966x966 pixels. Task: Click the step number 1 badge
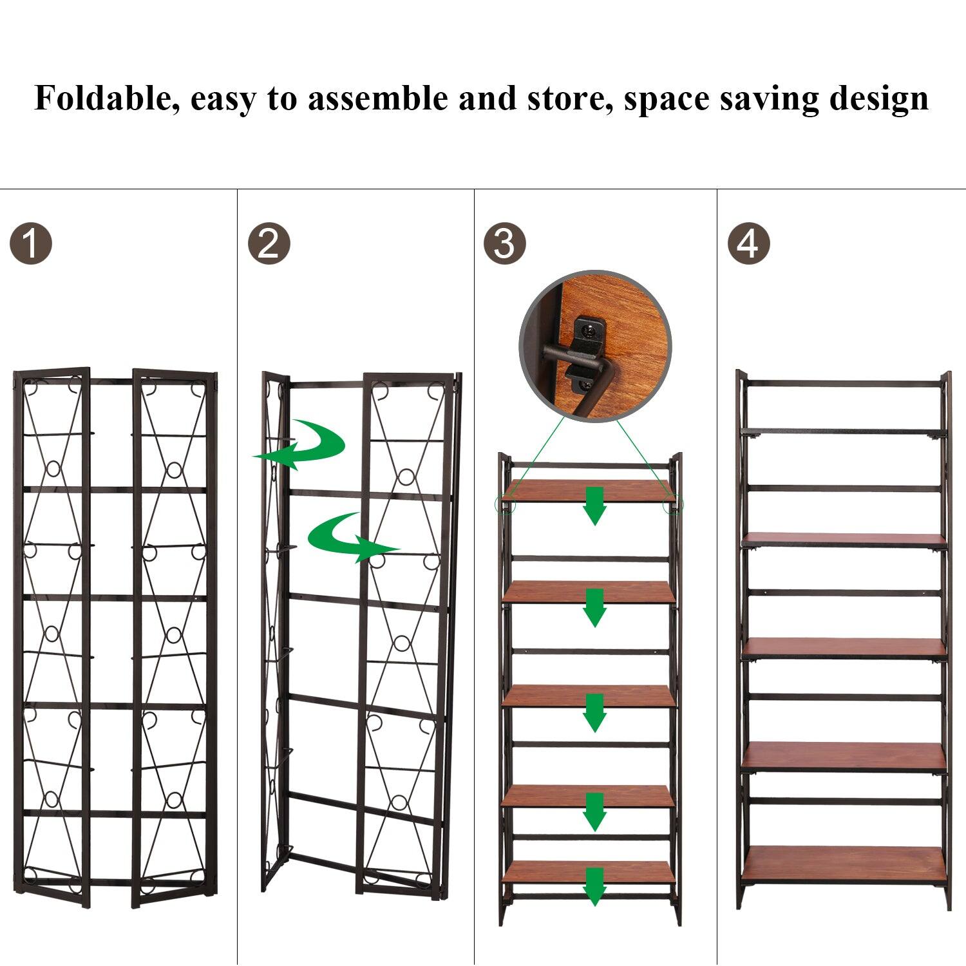[x=31, y=243]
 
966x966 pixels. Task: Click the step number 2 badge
[x=269, y=243]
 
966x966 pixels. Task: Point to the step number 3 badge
[x=504, y=243]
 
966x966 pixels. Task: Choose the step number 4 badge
[x=748, y=243]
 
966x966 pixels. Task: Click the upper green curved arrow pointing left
[x=303, y=444]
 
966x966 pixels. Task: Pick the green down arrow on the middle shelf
[x=595, y=712]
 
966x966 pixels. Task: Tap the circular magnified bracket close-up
[x=596, y=346]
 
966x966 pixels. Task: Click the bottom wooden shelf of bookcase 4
[x=844, y=863]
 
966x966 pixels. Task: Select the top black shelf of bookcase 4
[x=844, y=431]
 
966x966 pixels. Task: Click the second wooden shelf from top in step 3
[x=588, y=591]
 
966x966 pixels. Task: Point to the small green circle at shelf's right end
[x=673, y=505]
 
